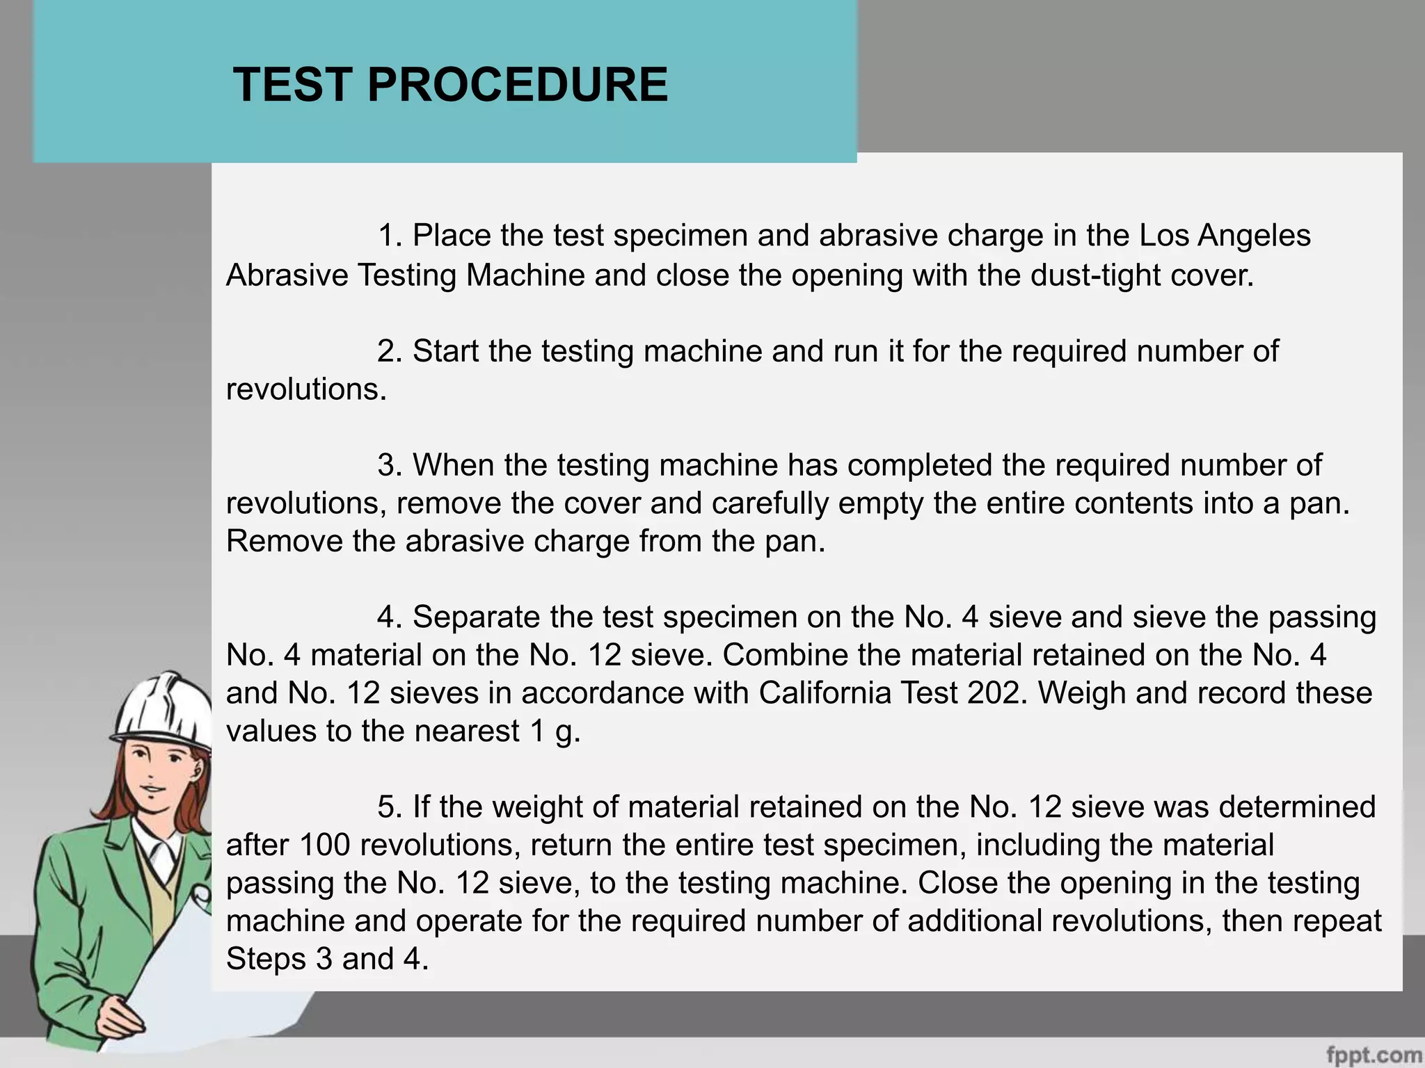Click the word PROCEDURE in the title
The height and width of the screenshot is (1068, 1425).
[518, 85]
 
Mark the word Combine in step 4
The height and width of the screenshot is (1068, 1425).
[785, 655]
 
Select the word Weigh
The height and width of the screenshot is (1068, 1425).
[1083, 693]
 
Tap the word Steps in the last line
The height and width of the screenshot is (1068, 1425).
[266, 960]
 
